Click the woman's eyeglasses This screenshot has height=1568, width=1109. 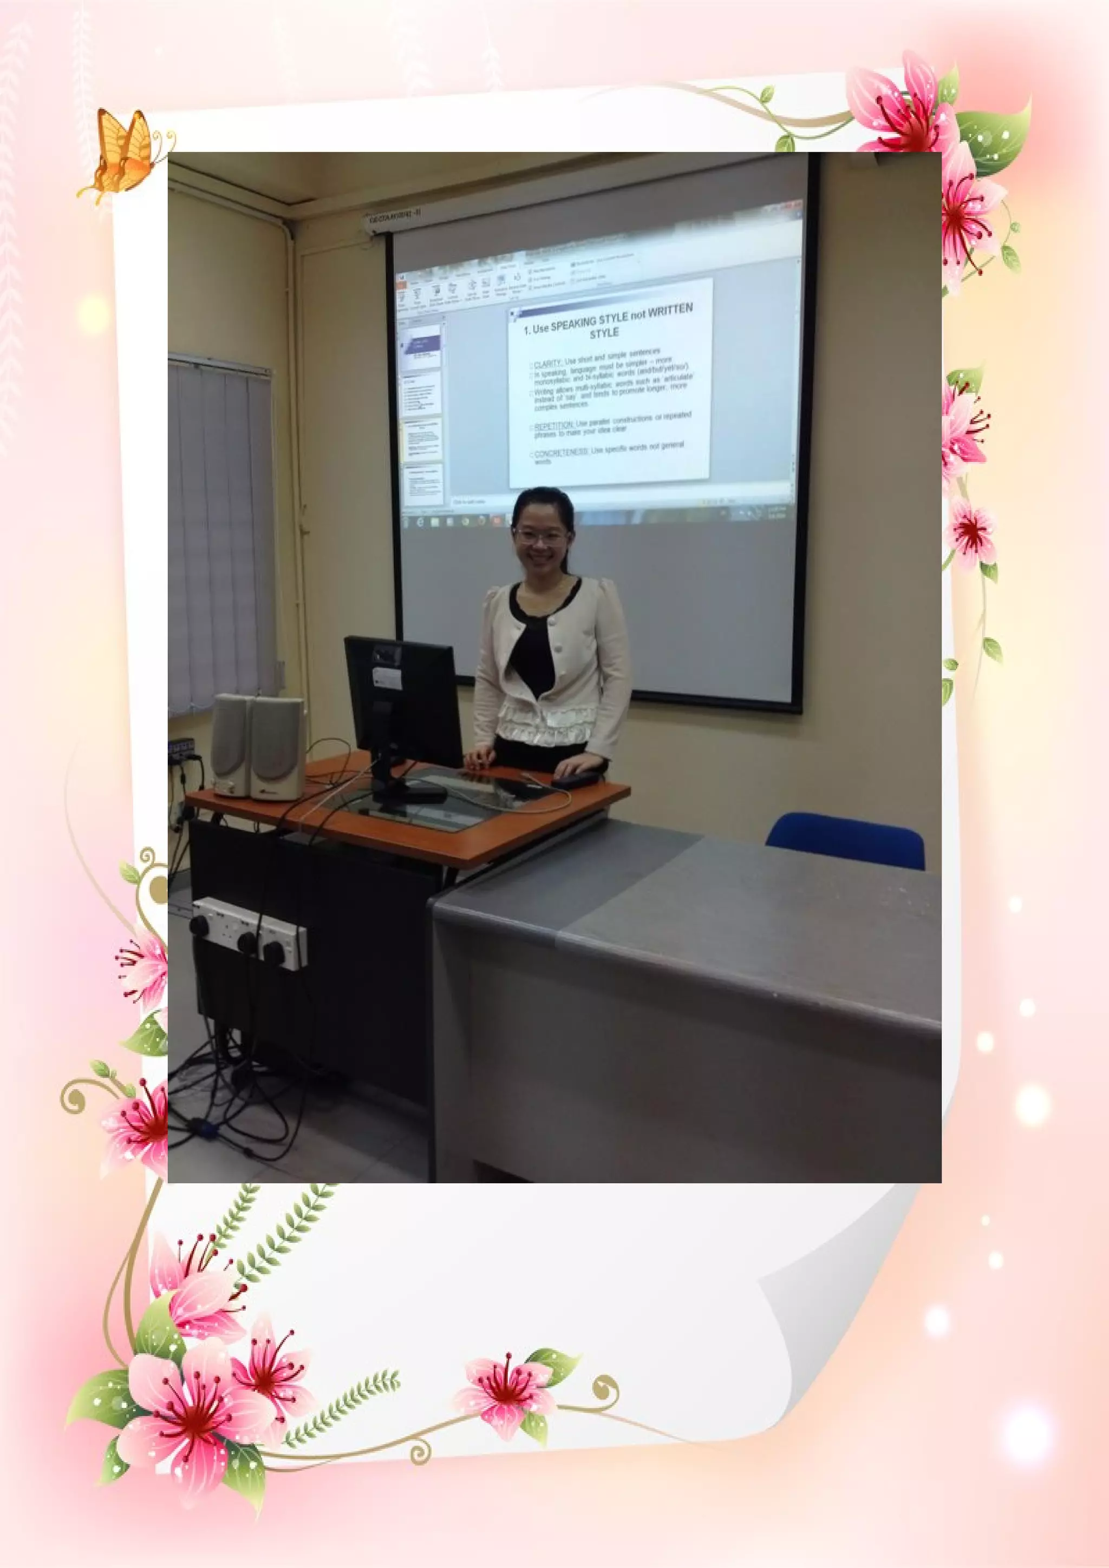[x=540, y=536]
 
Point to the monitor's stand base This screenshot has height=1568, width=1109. [x=410, y=793]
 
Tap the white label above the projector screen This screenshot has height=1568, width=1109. [x=395, y=217]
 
